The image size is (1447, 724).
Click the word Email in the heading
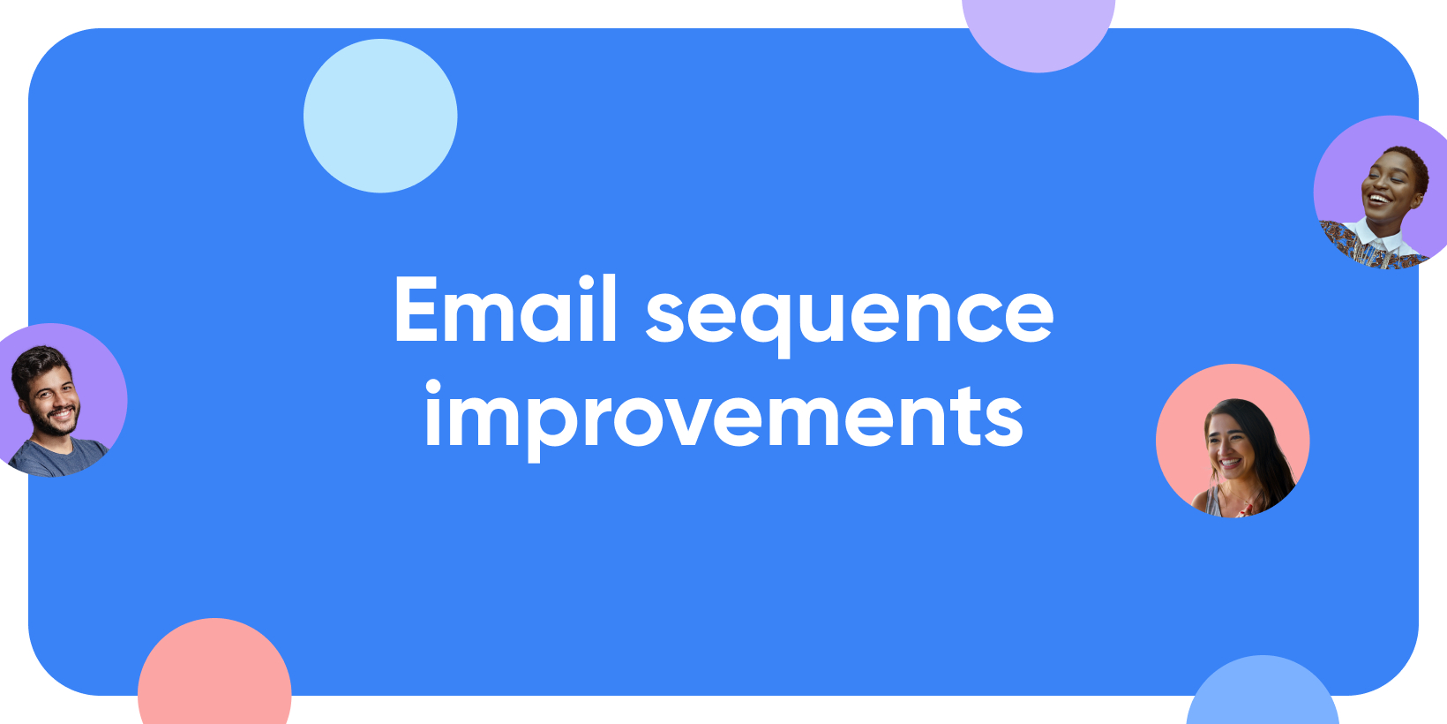click(506, 308)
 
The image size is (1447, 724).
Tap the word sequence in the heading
click(850, 317)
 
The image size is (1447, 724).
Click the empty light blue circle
click(380, 116)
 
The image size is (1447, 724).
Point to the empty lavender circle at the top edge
click(1038, 33)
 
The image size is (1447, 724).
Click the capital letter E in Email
click(417, 308)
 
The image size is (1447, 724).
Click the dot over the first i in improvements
click(433, 387)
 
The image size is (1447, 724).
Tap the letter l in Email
click(609, 307)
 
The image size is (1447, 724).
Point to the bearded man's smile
click(63, 411)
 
